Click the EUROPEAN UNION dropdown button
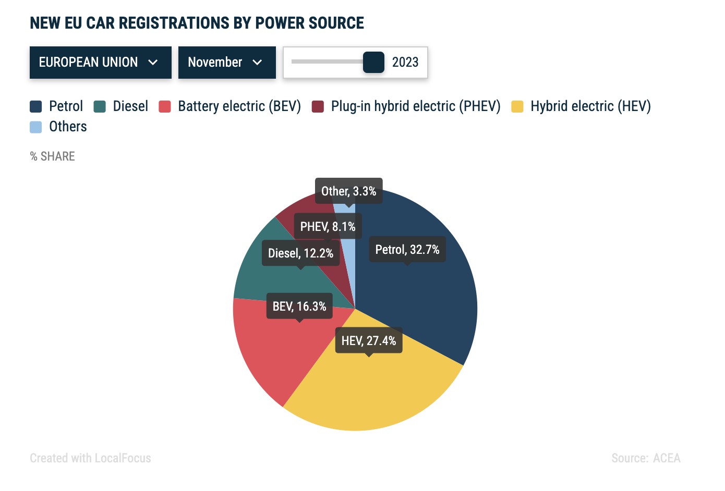click(x=100, y=63)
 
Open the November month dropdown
click(x=227, y=63)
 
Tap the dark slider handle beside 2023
click(x=373, y=63)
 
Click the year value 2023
click(x=405, y=63)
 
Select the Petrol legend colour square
click(x=36, y=107)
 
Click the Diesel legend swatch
click(x=100, y=107)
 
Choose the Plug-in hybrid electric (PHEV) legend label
click(x=415, y=106)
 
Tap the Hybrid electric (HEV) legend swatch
click(x=517, y=107)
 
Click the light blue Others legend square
click(x=36, y=127)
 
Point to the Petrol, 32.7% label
click(x=407, y=250)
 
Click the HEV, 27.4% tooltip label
click(x=369, y=341)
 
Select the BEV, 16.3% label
click(x=299, y=306)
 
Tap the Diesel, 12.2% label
click(x=300, y=253)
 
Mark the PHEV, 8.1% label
click(x=328, y=227)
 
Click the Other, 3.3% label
click(x=348, y=191)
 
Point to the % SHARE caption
click(x=53, y=156)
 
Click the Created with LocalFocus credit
click(x=90, y=458)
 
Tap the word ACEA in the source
click(x=667, y=458)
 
